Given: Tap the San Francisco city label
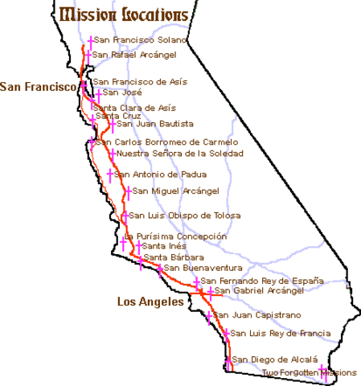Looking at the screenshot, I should point(39,86).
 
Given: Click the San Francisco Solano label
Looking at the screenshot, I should point(141,39).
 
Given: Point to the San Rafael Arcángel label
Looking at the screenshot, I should point(136,54).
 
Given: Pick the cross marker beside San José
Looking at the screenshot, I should point(98,94).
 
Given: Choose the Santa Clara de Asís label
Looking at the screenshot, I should point(134,107).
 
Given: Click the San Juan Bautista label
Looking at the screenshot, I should point(155,124).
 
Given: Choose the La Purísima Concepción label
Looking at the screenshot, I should point(176,236).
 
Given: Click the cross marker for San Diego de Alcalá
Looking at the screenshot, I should point(228,359).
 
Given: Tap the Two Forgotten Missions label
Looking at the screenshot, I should point(310,372).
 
